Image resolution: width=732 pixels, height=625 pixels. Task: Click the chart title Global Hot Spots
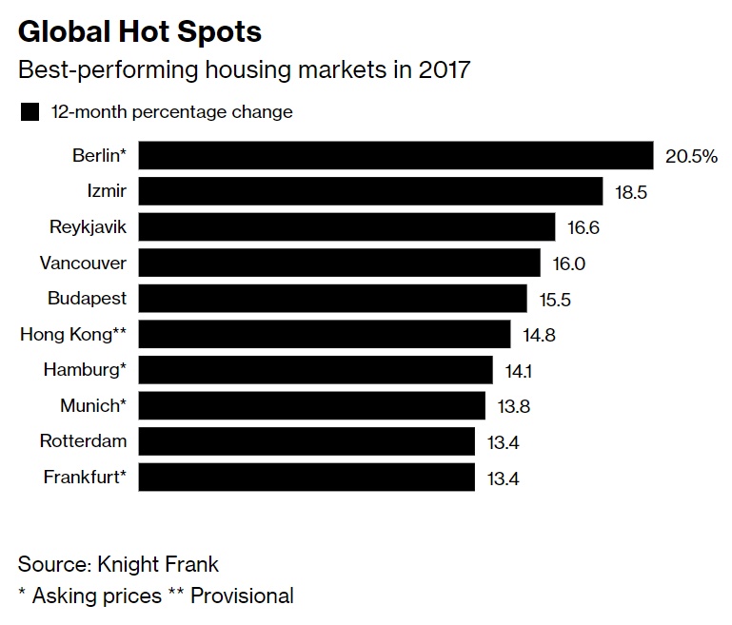point(140,32)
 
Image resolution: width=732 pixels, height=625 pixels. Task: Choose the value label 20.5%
point(691,157)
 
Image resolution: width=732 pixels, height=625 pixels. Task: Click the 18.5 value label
point(631,192)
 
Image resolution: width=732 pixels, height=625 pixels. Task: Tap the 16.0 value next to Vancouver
point(569,264)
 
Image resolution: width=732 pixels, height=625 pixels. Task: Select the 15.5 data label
point(555,299)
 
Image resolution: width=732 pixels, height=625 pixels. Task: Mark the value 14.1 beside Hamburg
point(521,370)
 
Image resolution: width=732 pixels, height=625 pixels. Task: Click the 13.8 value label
point(513,406)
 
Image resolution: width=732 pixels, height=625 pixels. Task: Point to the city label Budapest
point(87,299)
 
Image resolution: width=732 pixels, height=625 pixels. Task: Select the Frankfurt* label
point(85,478)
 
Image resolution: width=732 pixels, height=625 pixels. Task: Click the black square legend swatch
point(30,112)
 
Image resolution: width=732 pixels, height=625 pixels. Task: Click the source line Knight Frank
point(118,564)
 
